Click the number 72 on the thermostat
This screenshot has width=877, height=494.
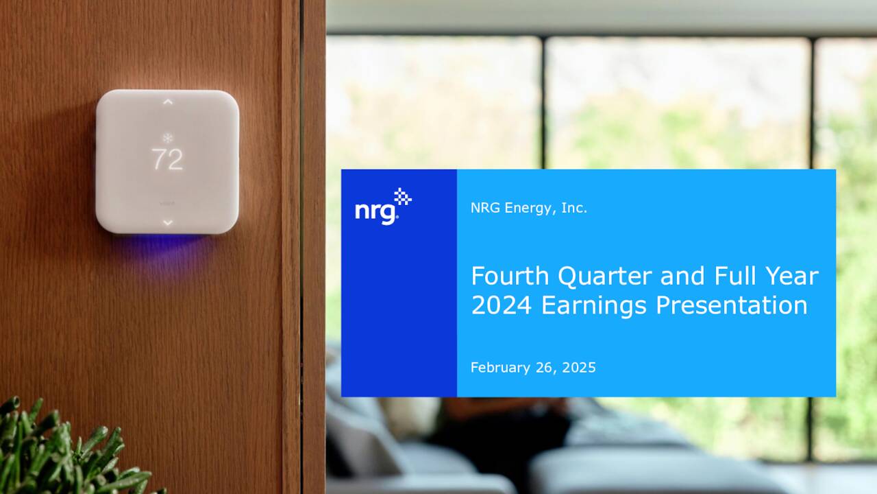point(167,160)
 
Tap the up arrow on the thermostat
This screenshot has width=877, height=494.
point(167,102)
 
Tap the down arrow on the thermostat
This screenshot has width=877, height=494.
point(167,222)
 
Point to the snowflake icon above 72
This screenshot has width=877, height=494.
point(167,138)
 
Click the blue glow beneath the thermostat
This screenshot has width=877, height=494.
point(167,243)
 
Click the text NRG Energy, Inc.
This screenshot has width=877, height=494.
point(528,208)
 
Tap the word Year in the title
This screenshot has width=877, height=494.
point(793,276)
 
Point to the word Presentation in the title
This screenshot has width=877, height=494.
point(731,305)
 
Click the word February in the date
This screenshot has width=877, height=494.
point(500,368)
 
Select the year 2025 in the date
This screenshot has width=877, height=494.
point(579,368)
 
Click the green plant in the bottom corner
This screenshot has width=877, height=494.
point(55,453)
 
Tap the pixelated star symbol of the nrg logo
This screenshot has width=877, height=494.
point(403,197)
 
